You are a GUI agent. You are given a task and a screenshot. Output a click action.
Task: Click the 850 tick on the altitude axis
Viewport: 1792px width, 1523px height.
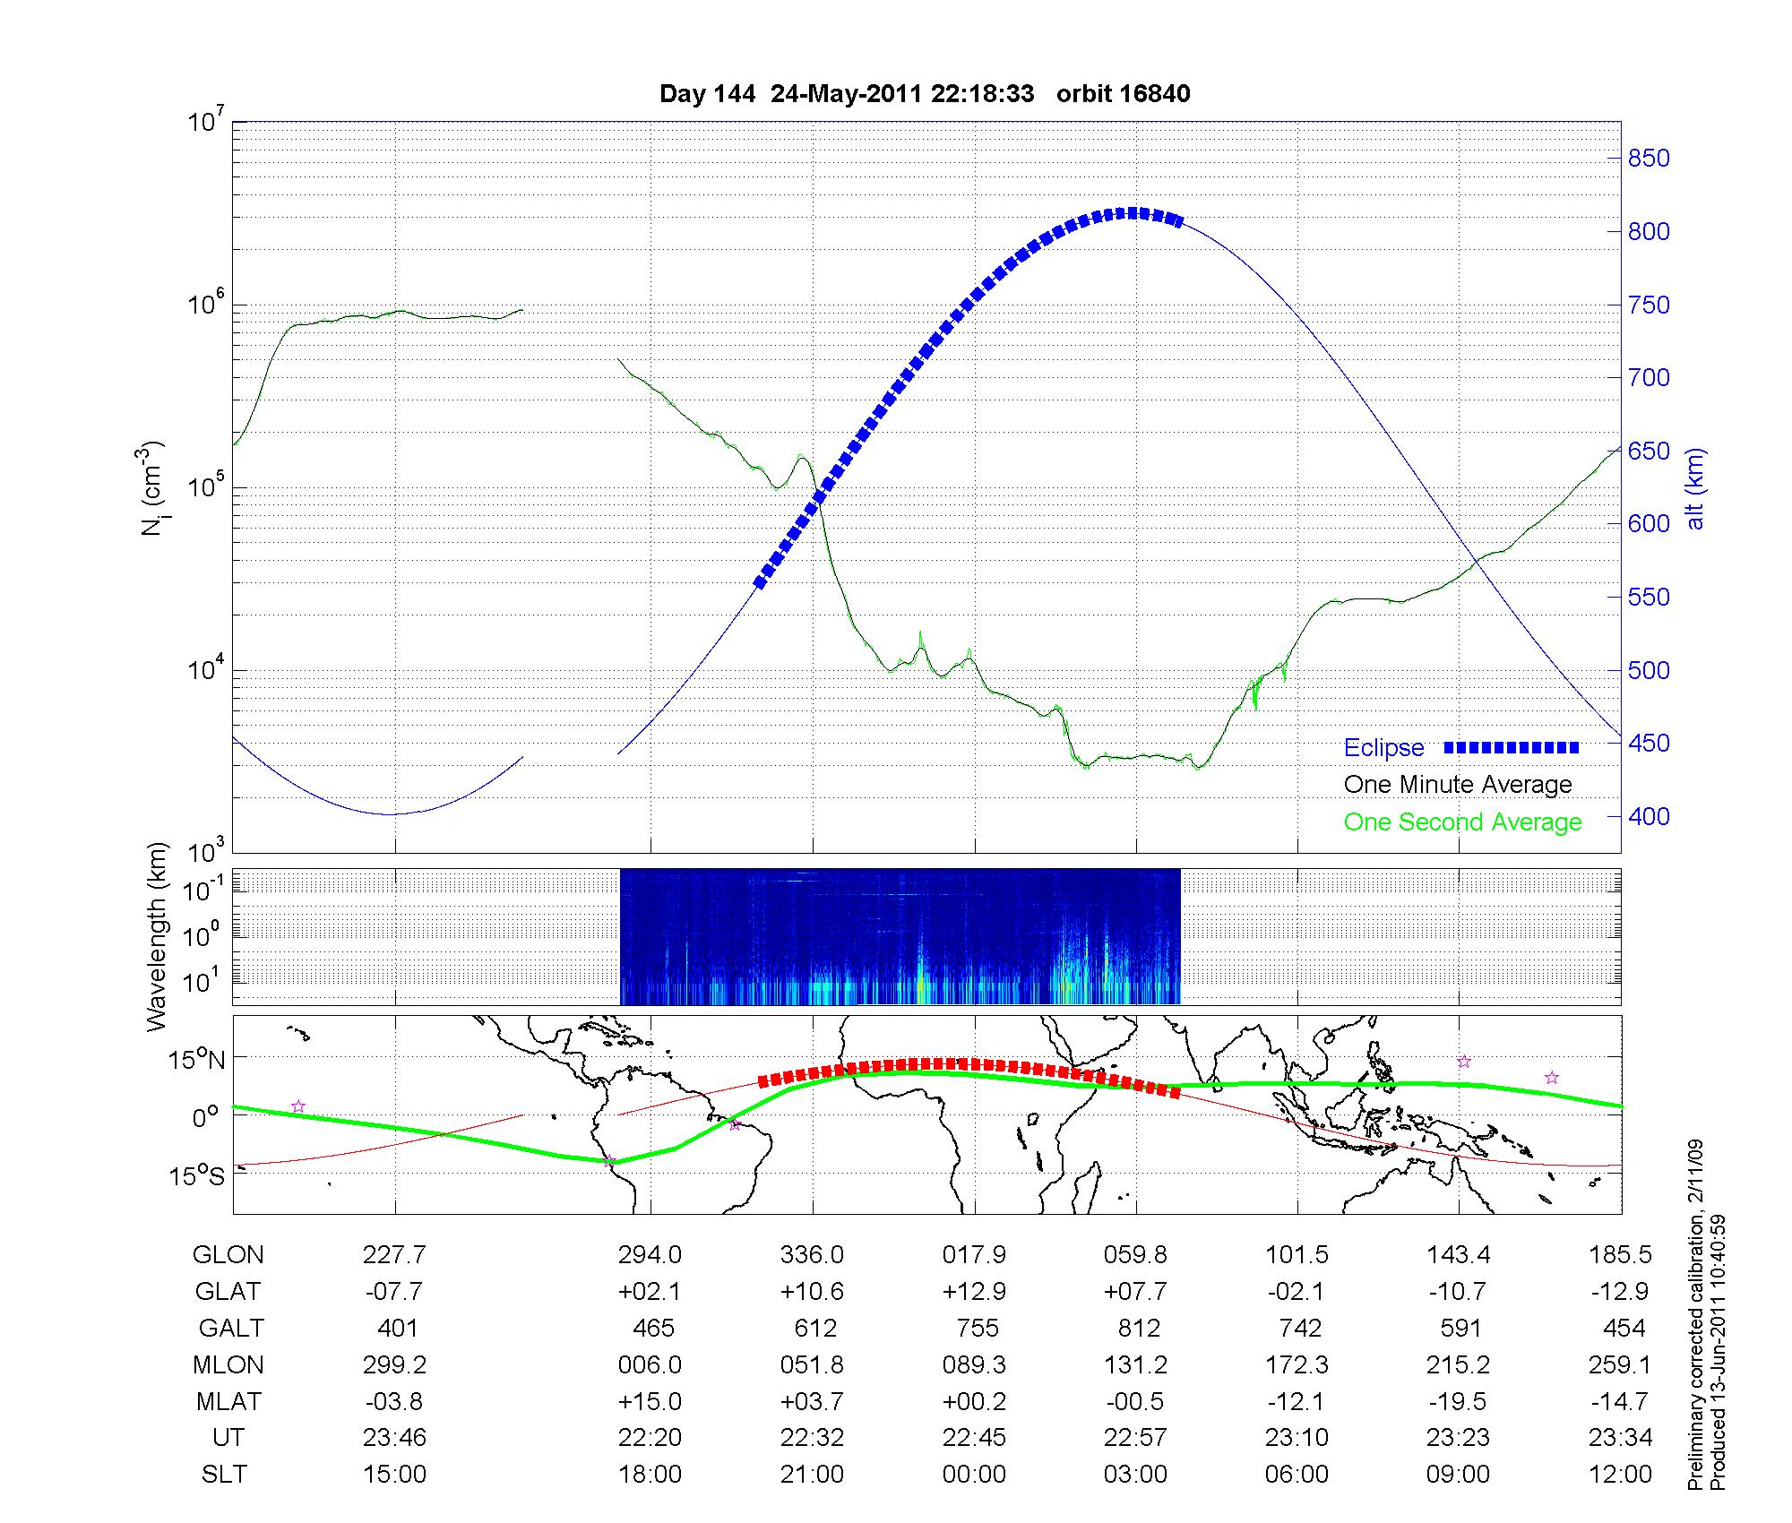[x=1649, y=159]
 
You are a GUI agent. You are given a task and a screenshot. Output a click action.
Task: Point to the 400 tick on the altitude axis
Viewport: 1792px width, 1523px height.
[x=1649, y=816]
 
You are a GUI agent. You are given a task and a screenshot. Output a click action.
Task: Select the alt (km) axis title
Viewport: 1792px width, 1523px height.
[x=1696, y=488]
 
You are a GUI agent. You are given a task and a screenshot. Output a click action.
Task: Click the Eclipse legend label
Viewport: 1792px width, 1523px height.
[x=1383, y=748]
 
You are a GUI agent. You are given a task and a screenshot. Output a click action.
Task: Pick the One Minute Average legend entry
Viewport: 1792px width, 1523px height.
[x=1458, y=785]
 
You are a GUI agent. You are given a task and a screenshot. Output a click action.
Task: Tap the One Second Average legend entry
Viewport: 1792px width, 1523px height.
[x=1462, y=822]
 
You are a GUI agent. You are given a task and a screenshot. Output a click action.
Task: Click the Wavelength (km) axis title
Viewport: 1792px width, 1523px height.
[x=158, y=936]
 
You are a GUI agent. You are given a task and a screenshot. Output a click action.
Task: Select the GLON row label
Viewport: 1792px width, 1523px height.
[x=228, y=1255]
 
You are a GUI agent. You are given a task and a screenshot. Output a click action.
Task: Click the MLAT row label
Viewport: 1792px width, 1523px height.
[x=228, y=1401]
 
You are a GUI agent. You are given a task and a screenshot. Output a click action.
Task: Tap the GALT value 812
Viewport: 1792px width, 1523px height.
[x=1139, y=1328]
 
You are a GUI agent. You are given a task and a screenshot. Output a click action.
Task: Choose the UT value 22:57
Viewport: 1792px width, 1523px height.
[x=1135, y=1438]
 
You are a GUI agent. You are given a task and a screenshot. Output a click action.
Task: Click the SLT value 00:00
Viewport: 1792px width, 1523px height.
[x=974, y=1475]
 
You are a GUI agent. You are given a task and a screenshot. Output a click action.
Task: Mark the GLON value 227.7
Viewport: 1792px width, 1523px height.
[x=394, y=1255]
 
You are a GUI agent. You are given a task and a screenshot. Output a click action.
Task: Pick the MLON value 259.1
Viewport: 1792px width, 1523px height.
[x=1620, y=1365]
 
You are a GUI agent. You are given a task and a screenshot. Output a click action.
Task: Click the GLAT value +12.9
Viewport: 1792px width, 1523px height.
[x=974, y=1292]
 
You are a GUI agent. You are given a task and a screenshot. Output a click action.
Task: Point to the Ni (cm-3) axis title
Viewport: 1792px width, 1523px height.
[x=151, y=488]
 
